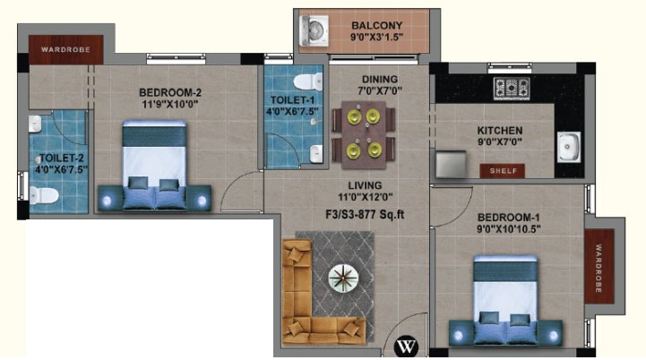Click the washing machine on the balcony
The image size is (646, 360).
click(314, 30)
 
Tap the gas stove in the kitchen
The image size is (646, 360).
click(512, 89)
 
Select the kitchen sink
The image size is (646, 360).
click(569, 147)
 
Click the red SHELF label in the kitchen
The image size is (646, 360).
click(503, 171)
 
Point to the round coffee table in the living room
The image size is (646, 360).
click(343, 279)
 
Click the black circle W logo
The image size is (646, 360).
click(406, 347)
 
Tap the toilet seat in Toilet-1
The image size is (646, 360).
click(308, 82)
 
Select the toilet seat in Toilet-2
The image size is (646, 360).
click(44, 195)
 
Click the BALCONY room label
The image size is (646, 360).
click(376, 26)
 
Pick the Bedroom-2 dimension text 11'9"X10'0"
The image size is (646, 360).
click(170, 104)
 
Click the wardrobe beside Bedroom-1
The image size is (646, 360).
click(599, 267)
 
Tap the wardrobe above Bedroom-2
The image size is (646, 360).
click(66, 49)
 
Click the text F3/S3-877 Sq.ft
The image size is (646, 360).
click(365, 215)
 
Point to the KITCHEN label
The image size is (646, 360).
click(500, 131)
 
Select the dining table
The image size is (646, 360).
click(364, 134)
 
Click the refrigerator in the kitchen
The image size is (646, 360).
click(452, 165)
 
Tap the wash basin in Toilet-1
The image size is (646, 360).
click(316, 154)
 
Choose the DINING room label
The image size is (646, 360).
click(380, 79)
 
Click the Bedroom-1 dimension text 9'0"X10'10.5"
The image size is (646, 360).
click(509, 229)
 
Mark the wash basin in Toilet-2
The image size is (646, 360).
click(35, 124)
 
